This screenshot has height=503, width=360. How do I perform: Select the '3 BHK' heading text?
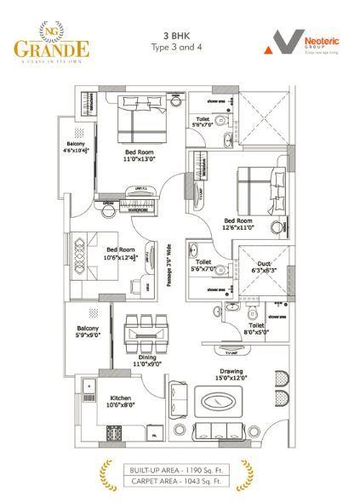(x=180, y=35)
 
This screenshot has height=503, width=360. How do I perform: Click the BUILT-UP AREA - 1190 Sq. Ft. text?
(x=180, y=468)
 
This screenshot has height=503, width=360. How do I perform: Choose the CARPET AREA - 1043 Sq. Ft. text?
(x=180, y=481)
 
